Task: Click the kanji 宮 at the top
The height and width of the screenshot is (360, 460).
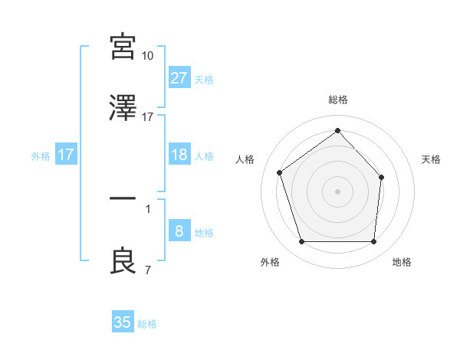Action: click(123, 47)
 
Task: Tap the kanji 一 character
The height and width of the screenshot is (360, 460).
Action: click(123, 201)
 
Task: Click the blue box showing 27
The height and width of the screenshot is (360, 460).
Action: click(179, 78)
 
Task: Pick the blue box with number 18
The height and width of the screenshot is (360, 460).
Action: click(179, 155)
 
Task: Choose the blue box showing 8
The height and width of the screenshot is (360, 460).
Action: click(179, 231)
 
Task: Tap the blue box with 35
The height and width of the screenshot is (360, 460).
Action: click(123, 322)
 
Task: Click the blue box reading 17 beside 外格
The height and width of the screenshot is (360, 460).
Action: click(66, 155)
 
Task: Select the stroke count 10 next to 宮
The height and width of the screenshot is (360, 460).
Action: click(148, 56)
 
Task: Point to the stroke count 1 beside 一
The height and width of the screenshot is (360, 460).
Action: click(147, 208)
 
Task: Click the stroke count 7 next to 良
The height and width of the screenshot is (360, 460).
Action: click(147, 270)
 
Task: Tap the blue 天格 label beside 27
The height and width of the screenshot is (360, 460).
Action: click(204, 79)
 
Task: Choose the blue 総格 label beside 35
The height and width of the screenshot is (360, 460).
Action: click(148, 323)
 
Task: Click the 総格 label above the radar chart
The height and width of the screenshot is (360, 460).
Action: click(338, 100)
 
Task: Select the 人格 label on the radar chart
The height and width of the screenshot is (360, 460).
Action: click(245, 159)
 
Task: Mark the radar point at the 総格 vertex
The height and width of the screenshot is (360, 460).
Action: click(337, 130)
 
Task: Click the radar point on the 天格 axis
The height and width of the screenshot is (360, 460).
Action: click(382, 177)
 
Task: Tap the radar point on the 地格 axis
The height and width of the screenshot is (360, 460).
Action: click(373, 242)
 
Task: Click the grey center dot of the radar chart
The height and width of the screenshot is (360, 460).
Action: click(337, 191)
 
